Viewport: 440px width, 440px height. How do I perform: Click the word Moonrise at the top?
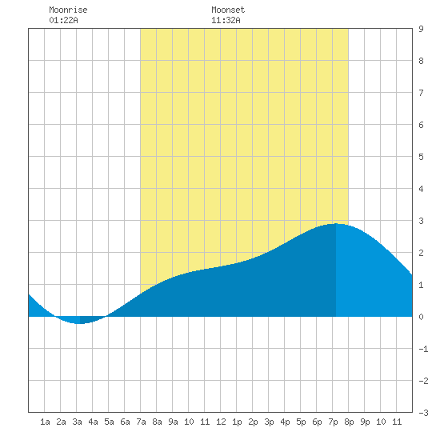pyautogui.click(x=68, y=10)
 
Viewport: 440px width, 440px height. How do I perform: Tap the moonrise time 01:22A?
pyautogui.click(x=63, y=20)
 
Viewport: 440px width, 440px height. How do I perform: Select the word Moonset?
pyautogui.click(x=228, y=10)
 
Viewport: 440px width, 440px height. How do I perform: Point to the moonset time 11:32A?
pyautogui.click(x=226, y=20)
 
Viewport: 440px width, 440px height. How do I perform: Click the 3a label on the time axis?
pyautogui.click(x=77, y=422)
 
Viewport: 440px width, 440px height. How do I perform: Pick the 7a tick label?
pyautogui.click(x=141, y=422)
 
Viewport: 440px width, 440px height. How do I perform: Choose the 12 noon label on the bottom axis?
pyautogui.click(x=221, y=422)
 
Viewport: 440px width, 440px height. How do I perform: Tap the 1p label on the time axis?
pyautogui.click(x=237, y=422)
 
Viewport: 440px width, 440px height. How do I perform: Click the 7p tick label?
pyautogui.click(x=333, y=422)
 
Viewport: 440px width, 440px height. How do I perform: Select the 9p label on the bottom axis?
pyautogui.click(x=365, y=422)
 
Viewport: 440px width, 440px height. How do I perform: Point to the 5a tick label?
pyautogui.click(x=109, y=422)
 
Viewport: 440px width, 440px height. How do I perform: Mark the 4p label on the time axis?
pyautogui.click(x=285, y=422)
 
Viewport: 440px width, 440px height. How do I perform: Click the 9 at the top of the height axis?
pyautogui.click(x=421, y=29)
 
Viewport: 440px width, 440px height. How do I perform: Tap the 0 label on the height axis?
pyautogui.click(x=421, y=317)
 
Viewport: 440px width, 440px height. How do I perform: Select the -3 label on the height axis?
pyautogui.click(x=424, y=413)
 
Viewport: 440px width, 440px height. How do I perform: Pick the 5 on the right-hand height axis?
pyautogui.click(x=421, y=157)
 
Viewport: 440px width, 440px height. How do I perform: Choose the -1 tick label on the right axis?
pyautogui.click(x=424, y=349)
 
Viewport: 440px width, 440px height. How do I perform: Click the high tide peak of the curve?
pyautogui.click(x=336, y=224)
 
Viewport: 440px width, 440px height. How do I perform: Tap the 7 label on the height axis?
pyautogui.click(x=421, y=93)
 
